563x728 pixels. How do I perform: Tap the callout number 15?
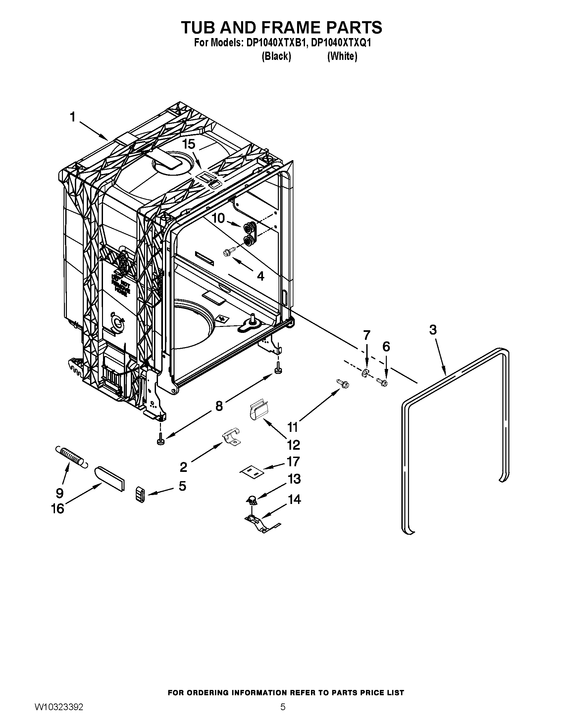(188, 144)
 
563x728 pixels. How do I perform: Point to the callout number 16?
(57, 509)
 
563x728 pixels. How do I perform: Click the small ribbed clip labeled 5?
(141, 494)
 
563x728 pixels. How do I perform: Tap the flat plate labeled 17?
(252, 471)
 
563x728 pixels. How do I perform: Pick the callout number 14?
(294, 499)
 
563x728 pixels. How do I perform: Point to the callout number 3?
(433, 330)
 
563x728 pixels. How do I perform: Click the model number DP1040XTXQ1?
(340, 43)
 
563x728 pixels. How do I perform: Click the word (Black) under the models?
(276, 56)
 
